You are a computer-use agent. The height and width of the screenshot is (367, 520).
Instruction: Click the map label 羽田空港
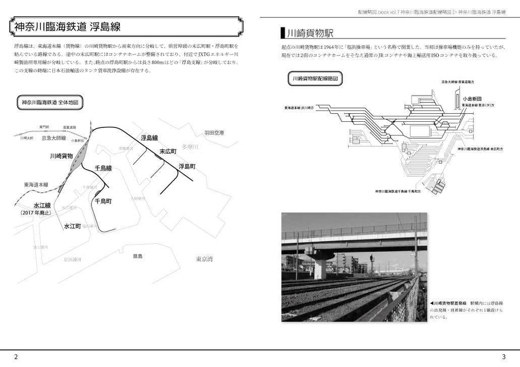pos(214,133)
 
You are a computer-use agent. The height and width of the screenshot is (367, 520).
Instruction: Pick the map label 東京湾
pos(204,259)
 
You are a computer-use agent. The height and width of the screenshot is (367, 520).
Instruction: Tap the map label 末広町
pos(168,151)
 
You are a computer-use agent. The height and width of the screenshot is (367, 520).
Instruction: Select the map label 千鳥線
pos(103,168)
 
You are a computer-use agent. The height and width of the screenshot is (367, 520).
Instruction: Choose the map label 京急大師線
pos(54,138)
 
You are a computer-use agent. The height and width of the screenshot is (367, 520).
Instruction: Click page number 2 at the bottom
pos(16,357)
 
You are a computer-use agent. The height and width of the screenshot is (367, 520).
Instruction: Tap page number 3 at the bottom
pos(503,357)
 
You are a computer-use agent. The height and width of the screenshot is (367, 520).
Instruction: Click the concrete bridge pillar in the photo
pos(319,267)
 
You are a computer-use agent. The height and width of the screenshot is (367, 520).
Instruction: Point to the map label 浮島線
pos(149,138)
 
